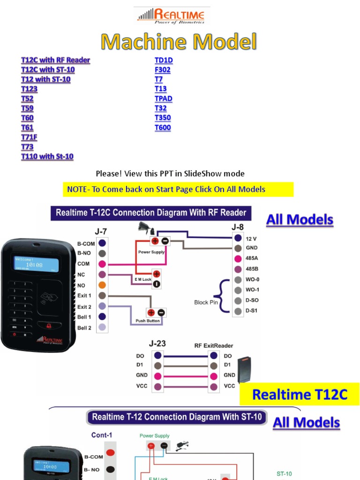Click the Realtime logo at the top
pos(172,15)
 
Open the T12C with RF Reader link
pos(55,60)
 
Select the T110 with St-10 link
pos(47,156)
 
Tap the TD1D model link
pos(164,60)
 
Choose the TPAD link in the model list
pos(164,98)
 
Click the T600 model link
pos(163,127)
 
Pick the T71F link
pos(29,137)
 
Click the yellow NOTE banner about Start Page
pos(178,189)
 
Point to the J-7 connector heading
pos(101,231)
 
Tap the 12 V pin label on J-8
pos(251,239)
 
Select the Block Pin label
pos(204,302)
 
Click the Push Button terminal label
pos(148,321)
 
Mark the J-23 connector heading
pos(157,344)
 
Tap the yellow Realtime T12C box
pos(300,394)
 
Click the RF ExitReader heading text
pos(213,345)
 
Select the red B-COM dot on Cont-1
pos(110,453)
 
